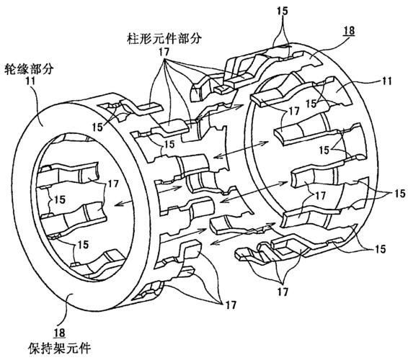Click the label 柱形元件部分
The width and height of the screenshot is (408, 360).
point(164,39)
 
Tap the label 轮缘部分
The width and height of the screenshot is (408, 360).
point(30,69)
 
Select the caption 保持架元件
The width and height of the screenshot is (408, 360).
point(60,348)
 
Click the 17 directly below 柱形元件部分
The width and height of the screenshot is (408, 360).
point(164,52)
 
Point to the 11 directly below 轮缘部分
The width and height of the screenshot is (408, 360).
point(30,81)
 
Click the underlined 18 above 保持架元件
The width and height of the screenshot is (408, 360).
point(59,333)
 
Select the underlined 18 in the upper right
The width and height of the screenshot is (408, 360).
point(349,31)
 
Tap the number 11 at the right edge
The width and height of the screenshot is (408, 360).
point(386,81)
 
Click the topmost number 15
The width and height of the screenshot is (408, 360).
point(283,12)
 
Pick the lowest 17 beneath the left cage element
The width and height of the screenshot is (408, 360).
point(231,305)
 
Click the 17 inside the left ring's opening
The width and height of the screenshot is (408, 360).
point(113,184)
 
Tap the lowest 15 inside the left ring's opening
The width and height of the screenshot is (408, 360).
point(83,244)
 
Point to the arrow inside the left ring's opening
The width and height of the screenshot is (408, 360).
point(123,203)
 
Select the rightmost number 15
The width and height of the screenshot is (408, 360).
point(399,194)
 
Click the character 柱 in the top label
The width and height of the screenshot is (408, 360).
point(133,39)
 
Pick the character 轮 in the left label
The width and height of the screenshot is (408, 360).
point(10,69)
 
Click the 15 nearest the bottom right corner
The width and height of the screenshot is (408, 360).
point(380,248)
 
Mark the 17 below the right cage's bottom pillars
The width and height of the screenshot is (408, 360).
point(283,292)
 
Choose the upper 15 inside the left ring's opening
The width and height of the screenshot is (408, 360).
point(60,199)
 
